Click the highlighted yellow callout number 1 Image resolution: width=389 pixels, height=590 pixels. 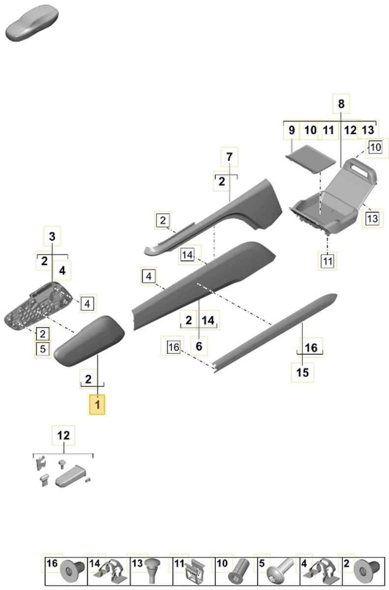point(97,405)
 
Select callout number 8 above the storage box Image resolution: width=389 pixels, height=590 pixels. point(342,104)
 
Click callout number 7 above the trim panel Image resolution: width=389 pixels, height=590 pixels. point(229,158)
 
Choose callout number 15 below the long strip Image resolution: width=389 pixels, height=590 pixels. point(303,372)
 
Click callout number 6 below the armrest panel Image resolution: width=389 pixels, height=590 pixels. point(199,346)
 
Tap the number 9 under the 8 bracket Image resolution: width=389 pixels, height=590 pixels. point(292,131)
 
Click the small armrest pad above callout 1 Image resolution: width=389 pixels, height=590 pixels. point(90,341)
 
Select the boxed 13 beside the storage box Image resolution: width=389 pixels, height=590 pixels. point(372,217)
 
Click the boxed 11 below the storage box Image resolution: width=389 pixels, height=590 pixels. point(328,261)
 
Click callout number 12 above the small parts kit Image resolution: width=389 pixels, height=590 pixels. point(63,435)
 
